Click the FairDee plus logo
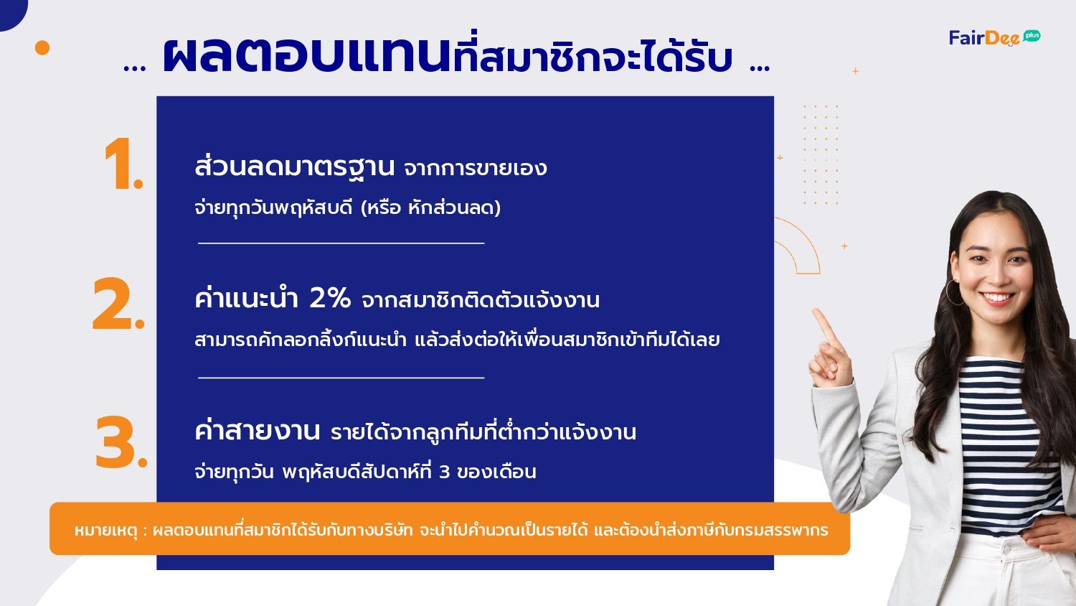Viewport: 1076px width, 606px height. click(x=994, y=37)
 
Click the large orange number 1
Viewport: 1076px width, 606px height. click(x=123, y=164)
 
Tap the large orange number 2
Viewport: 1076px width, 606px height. click(x=118, y=304)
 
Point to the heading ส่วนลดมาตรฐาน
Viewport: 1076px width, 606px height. click(x=294, y=167)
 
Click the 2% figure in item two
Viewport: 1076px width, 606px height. click(x=330, y=298)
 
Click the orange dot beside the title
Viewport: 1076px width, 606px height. click(x=42, y=47)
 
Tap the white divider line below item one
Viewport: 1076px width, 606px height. click(x=341, y=243)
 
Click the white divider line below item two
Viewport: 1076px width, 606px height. click(x=341, y=378)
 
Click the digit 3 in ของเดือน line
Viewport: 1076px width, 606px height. click(x=444, y=472)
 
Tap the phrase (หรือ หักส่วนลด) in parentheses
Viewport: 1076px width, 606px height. click(x=431, y=208)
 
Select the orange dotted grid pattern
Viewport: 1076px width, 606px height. click(x=821, y=154)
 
